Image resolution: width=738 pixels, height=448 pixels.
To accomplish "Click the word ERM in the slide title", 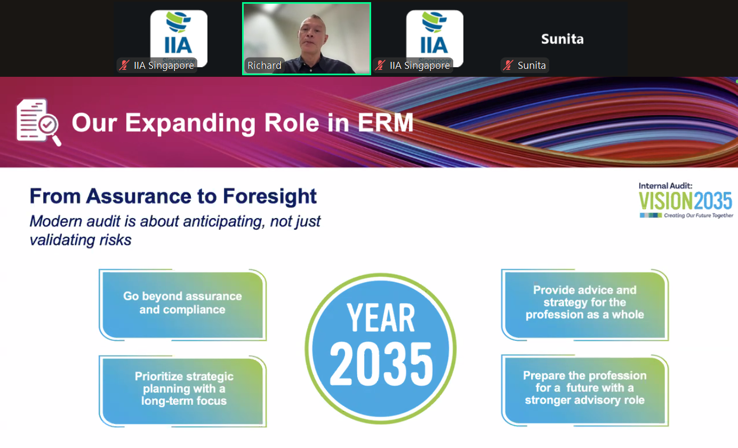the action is click(x=385, y=123).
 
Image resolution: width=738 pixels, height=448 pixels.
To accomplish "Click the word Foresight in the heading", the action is click(x=270, y=196).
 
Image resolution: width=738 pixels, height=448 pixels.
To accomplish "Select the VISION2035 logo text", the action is click(x=685, y=201).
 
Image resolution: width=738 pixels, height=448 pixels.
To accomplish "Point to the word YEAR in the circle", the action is click(x=381, y=317).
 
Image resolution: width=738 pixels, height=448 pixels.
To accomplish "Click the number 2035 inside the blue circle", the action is click(x=381, y=364).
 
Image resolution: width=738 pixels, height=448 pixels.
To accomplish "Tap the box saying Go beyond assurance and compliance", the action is click(x=182, y=305).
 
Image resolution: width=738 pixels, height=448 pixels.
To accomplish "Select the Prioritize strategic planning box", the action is click(x=182, y=391).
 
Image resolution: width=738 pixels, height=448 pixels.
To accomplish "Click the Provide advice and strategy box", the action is click(x=585, y=305).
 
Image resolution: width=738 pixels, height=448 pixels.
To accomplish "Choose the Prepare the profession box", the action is click(x=585, y=390).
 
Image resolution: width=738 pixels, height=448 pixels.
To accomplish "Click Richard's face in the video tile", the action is click(x=312, y=36).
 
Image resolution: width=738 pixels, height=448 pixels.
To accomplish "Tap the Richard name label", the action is click(x=264, y=65).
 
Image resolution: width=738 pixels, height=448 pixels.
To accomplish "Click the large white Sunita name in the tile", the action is click(x=563, y=39).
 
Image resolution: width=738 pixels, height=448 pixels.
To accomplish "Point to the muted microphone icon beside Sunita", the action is click(x=508, y=65).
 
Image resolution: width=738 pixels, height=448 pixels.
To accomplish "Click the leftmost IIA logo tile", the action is click(x=179, y=38).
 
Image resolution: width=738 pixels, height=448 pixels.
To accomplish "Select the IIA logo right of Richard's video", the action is click(x=435, y=38).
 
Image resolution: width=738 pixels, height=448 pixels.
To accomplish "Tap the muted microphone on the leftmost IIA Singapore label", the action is click(x=124, y=65).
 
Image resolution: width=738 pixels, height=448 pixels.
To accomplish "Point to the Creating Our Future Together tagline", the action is click(x=698, y=215).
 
